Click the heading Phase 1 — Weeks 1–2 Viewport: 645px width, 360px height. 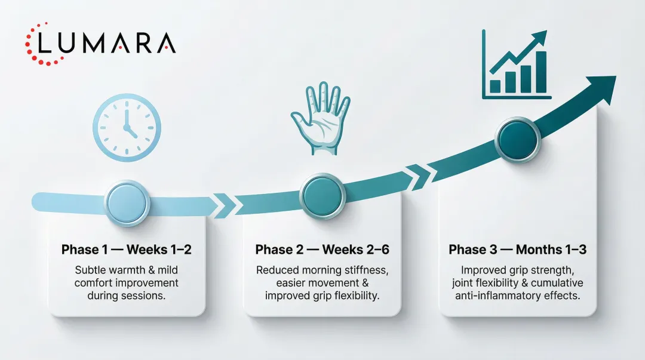(127, 250)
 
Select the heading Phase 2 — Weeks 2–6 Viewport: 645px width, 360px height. (322, 250)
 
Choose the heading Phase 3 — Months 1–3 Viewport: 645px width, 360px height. (517, 250)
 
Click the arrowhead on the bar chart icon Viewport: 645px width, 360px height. (540, 37)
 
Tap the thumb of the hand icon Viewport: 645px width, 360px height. (298, 116)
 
